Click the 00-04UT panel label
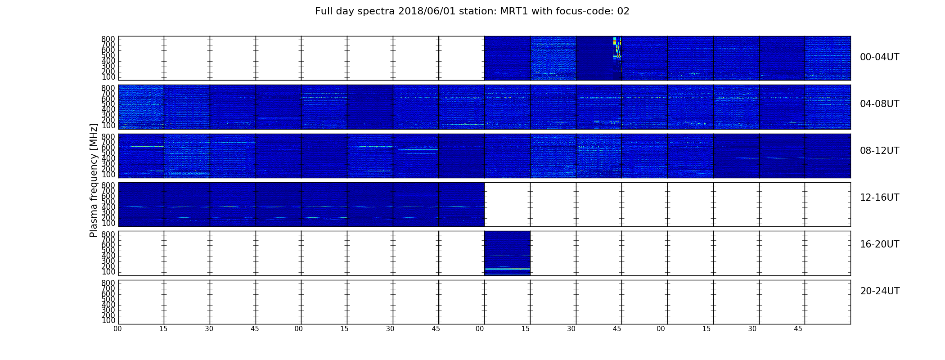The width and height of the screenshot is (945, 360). (x=879, y=57)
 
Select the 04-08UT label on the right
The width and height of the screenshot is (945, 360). (x=879, y=104)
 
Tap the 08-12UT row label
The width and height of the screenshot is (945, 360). (x=879, y=151)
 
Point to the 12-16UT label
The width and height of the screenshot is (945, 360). (x=879, y=198)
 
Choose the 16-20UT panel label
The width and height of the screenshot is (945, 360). (x=879, y=244)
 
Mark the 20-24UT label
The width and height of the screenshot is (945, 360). (x=880, y=291)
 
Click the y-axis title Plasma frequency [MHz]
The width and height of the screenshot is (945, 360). (x=94, y=180)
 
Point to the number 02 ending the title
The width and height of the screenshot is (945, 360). (x=623, y=11)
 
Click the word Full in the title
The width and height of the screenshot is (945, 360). (x=323, y=11)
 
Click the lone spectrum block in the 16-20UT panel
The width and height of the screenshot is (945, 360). (x=507, y=253)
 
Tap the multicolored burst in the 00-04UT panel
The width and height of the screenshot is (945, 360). (x=617, y=53)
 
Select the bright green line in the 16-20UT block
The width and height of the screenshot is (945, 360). (x=507, y=269)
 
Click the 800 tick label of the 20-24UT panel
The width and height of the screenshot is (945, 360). (x=108, y=283)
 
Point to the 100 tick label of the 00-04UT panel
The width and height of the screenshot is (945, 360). (x=108, y=77)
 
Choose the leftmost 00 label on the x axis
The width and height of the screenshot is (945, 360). (x=117, y=329)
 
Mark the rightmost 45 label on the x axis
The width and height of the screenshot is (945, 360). (x=798, y=329)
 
